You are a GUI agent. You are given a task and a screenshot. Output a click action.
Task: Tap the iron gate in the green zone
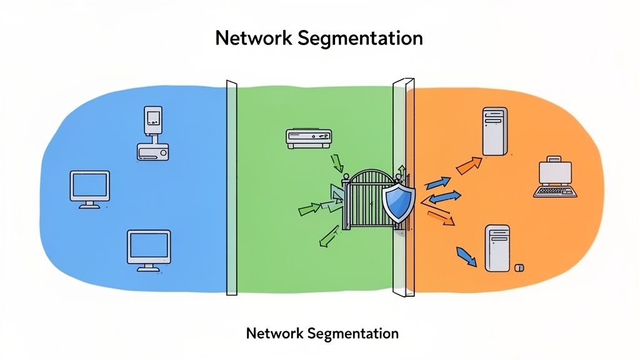point(362,200)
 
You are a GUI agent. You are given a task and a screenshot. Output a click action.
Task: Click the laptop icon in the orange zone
point(555,177)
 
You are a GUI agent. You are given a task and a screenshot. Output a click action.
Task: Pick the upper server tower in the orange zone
point(493,131)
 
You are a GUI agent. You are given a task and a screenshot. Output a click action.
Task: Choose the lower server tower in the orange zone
point(498,247)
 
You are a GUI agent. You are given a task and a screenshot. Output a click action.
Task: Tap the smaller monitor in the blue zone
point(89,189)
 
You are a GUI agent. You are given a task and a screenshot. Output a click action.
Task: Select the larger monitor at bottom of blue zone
point(149,249)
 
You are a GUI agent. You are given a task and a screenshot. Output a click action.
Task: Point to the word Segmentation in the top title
point(361,39)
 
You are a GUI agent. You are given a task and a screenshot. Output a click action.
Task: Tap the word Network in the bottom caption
point(272,332)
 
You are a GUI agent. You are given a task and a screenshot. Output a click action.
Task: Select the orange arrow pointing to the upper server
point(469,165)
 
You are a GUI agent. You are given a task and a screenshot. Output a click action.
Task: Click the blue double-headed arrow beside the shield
point(444,197)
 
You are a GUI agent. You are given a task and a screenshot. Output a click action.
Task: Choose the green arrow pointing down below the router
point(337,164)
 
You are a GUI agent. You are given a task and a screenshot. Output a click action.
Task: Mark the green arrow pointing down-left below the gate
point(327,237)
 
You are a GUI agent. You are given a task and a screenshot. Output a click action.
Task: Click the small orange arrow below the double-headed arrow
point(441,217)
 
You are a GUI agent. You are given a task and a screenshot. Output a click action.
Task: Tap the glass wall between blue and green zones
point(232,187)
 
